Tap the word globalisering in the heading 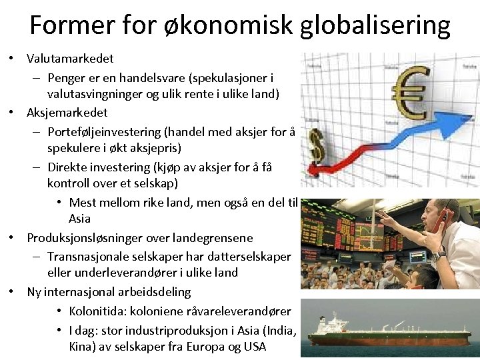pyautogui.click(x=375, y=25)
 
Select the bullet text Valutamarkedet pyautogui.click(x=70, y=59)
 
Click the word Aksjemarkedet pyautogui.click(x=67, y=112)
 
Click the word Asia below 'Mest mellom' pyautogui.click(x=79, y=219)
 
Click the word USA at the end pyautogui.click(x=253, y=347)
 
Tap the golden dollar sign pyautogui.click(x=315, y=143)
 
